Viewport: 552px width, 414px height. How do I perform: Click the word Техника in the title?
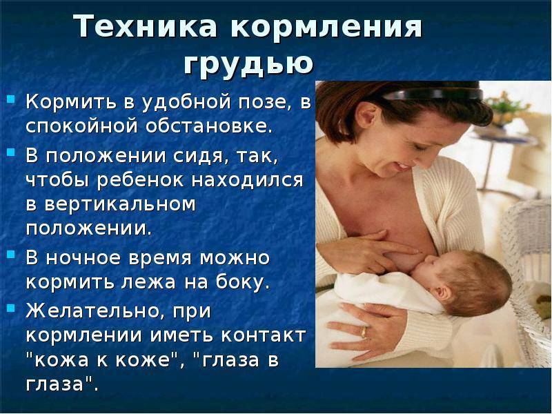point(146,26)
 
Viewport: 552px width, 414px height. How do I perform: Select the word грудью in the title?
point(248,64)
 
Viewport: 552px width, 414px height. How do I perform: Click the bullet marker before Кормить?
point(11,99)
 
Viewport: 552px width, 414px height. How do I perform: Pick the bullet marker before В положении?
point(11,152)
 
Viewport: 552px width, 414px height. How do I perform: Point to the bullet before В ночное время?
point(11,254)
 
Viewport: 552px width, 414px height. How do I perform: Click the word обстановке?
point(209,126)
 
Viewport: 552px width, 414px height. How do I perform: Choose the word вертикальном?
point(120,204)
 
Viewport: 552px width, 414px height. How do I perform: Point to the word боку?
point(243,282)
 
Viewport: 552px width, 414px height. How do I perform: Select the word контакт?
point(263,335)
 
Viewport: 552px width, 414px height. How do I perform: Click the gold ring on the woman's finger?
point(364,331)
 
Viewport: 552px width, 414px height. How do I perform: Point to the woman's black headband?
point(434,95)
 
